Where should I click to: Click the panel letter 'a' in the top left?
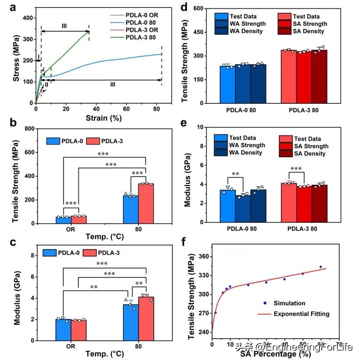[7, 7]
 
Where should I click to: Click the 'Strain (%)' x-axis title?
[98, 117]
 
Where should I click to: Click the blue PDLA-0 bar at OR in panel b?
[63, 220]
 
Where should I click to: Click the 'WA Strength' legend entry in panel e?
[245, 145]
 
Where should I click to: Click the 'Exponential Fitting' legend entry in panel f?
[301, 314]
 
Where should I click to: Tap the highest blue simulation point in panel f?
[320, 267]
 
